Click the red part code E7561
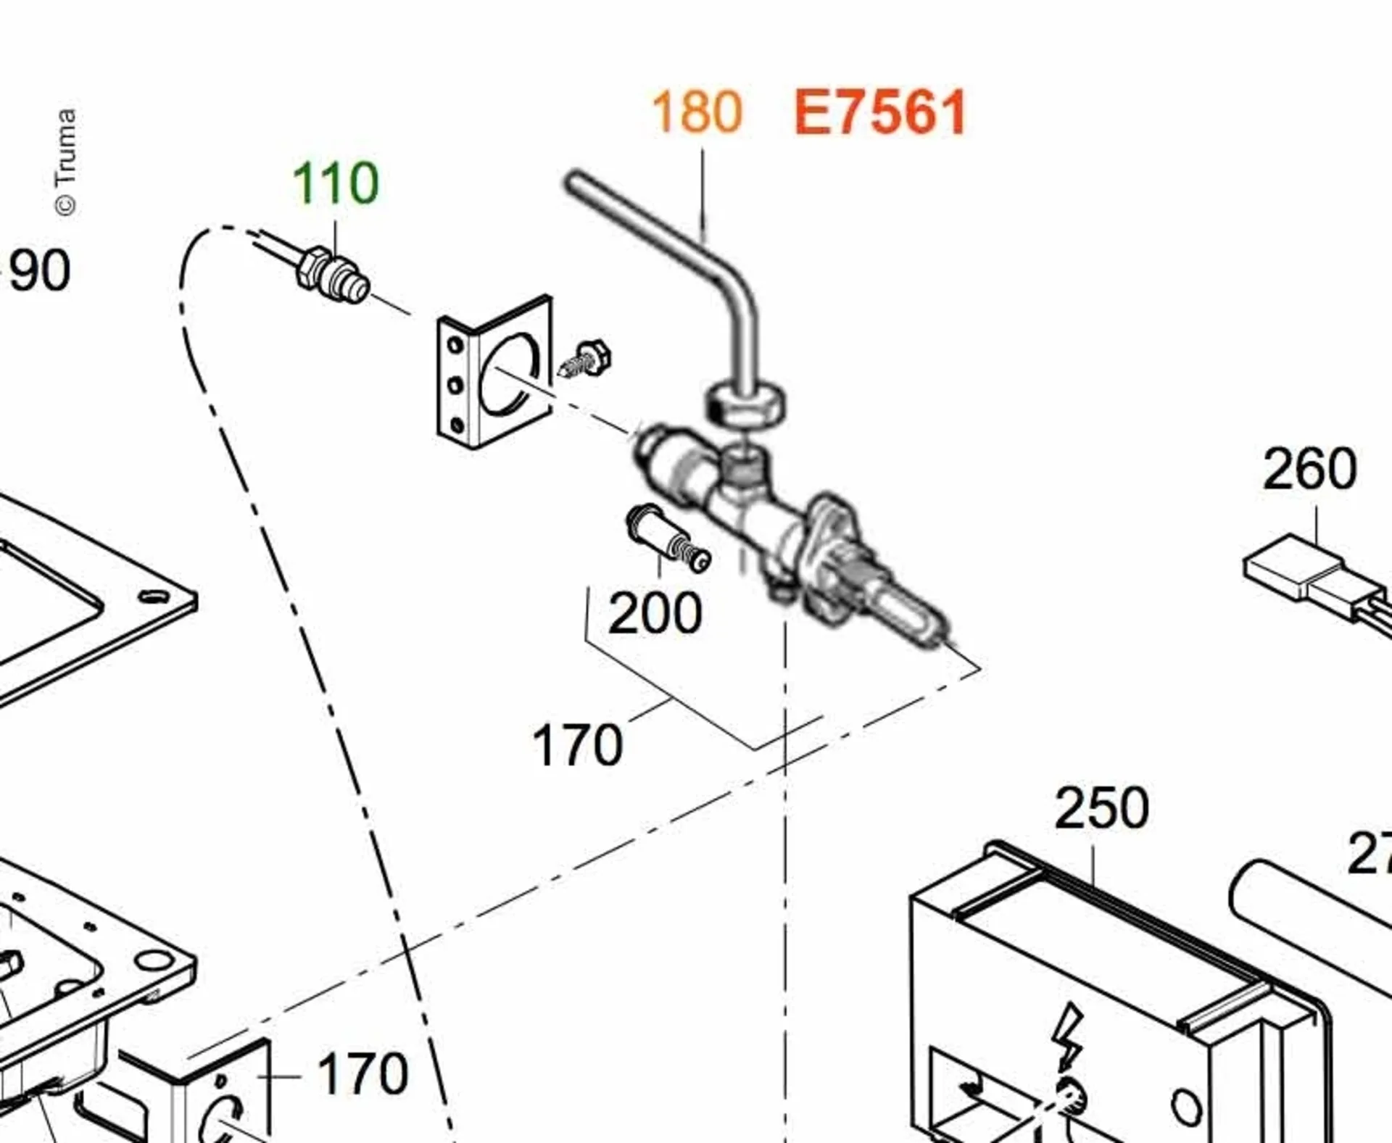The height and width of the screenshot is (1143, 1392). pos(880,113)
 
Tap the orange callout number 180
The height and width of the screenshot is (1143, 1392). pos(697,112)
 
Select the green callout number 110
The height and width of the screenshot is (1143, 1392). pos(335,183)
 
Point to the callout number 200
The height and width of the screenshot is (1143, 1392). pos(655,613)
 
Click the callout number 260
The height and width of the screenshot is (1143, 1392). pos(1309,470)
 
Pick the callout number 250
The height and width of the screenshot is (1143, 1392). pos(1101,808)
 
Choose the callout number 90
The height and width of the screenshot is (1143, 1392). pos(40,271)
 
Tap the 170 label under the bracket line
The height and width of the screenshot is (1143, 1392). pos(577,745)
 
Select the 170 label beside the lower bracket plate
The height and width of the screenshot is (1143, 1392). pos(362,1074)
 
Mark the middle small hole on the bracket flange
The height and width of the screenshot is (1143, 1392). pos(455,385)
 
